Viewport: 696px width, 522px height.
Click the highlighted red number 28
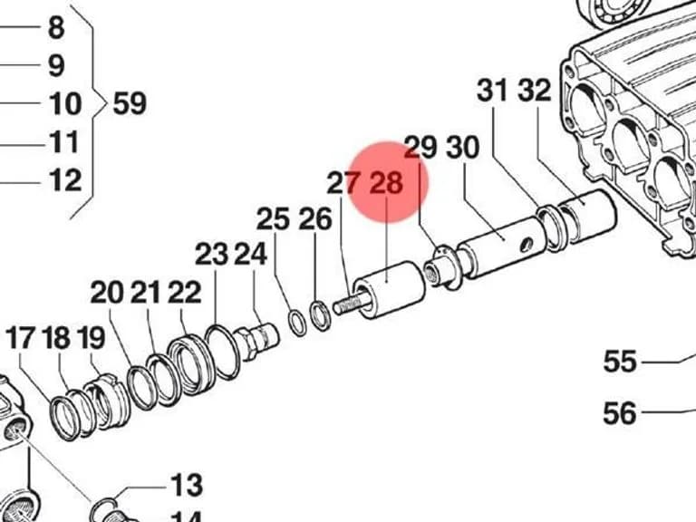coord(387,182)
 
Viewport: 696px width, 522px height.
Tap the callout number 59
coord(130,103)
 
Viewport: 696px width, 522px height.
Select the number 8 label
coord(56,27)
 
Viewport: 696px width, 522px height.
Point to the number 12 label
coord(65,180)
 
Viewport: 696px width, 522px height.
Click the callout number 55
coord(620,361)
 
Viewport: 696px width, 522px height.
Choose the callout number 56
coord(620,413)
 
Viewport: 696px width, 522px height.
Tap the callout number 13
coord(187,485)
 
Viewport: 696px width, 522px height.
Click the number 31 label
coord(492,90)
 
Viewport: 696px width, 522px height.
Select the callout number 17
coord(20,338)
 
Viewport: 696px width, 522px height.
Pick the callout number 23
coord(212,255)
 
